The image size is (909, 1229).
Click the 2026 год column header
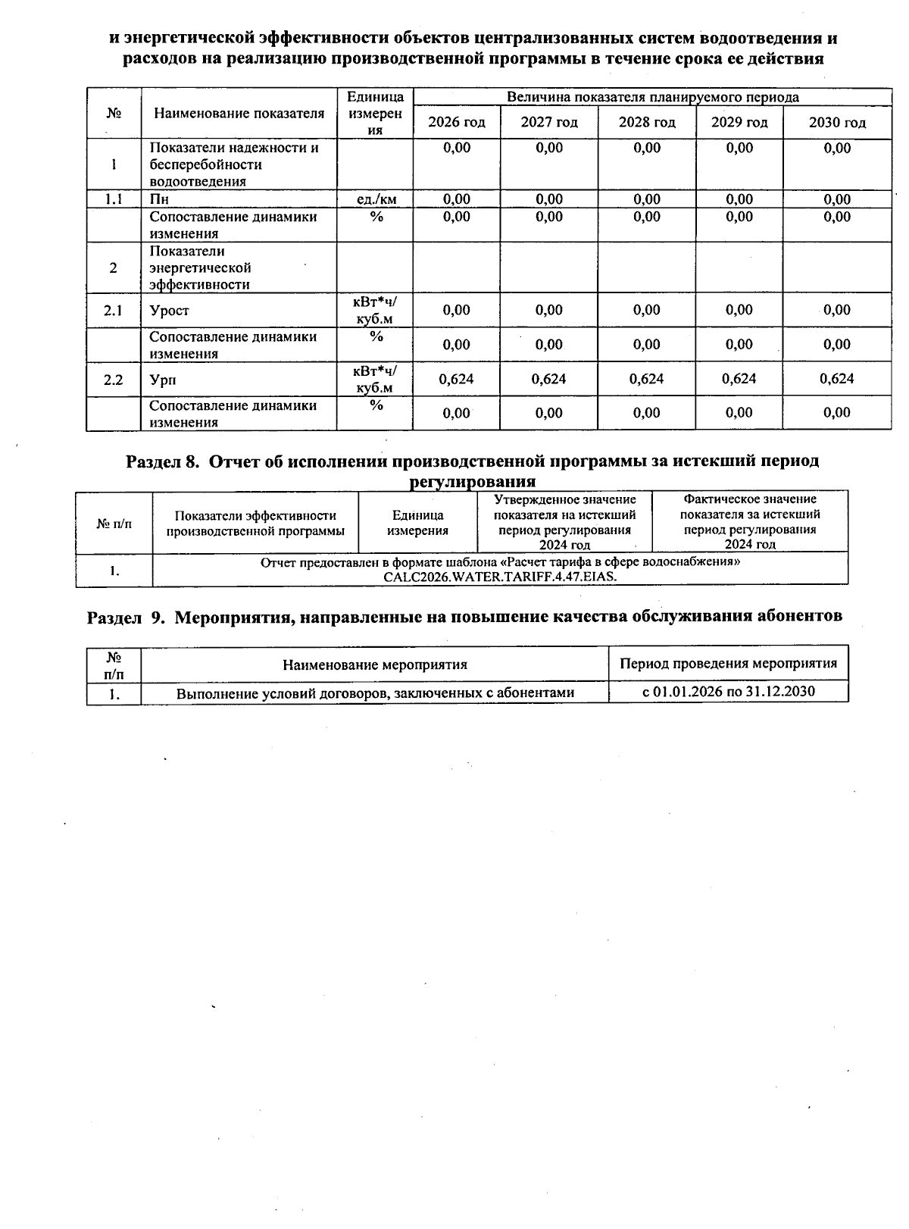(456, 123)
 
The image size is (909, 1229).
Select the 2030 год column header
(836, 123)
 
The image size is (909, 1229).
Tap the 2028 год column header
(646, 123)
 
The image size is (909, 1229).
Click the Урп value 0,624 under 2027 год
(548, 379)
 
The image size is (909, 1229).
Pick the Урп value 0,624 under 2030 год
(836, 379)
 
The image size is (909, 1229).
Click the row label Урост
(169, 311)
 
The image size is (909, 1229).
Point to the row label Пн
(159, 199)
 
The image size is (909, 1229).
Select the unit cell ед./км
(376, 199)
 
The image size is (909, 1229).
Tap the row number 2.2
(114, 380)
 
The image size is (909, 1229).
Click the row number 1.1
(114, 199)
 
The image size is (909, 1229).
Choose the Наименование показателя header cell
(239, 114)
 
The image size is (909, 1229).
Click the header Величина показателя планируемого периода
(651, 97)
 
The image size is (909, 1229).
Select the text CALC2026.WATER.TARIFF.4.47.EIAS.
(500, 577)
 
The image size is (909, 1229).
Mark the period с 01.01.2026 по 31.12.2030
(728, 691)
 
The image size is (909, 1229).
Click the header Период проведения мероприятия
(728, 664)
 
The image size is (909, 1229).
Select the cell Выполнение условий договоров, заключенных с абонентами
(375, 693)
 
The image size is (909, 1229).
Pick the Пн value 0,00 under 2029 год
(739, 199)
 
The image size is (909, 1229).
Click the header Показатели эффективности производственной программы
(255, 523)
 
